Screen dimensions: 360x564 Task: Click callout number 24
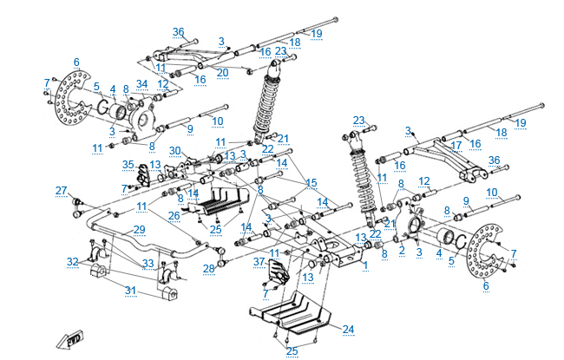349,329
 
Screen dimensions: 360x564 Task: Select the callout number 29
139,228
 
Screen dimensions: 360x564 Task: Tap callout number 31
129,291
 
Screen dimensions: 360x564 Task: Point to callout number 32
73,261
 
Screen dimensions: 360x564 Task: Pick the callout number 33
148,264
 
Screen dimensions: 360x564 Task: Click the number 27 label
61,190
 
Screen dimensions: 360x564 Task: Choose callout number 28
208,268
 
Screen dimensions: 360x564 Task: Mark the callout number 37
259,261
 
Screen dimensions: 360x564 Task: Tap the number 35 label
128,164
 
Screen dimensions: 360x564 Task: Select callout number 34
142,84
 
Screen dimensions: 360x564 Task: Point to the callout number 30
175,151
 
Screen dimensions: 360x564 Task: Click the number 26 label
174,215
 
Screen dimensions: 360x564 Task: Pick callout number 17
456,145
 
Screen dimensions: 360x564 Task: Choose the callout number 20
223,72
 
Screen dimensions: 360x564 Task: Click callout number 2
402,249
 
